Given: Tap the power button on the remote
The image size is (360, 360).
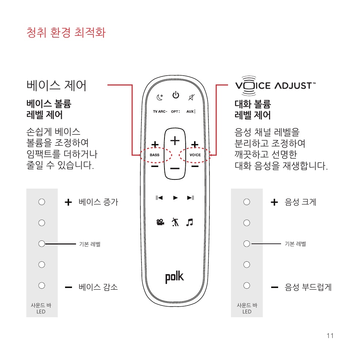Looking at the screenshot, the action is pos(176,95).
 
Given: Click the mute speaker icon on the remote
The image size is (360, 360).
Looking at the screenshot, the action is pos(192,97).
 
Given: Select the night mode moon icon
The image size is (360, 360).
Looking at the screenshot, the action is pos(160,97).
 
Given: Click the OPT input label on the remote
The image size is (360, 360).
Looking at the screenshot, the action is pos(175,111).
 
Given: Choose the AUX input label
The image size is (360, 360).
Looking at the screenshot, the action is pos(191,111).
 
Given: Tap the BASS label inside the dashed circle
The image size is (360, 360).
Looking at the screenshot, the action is pos(155,155).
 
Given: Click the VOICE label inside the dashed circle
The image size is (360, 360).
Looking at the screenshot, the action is pos(195,155).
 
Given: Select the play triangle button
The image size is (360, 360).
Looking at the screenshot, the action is pos(175,198).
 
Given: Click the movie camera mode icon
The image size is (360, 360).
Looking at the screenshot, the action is pos(160,222).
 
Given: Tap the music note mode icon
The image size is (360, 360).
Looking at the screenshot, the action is pos(190,222).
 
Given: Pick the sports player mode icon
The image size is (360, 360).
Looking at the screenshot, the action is pos(175,222).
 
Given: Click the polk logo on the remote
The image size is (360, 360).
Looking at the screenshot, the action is pos(174,277).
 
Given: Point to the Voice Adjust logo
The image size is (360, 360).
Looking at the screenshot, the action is pos(276,86).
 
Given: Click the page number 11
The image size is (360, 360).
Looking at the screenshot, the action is pos(330,336).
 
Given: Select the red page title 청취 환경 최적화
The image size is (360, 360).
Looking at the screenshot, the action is pos(66,33).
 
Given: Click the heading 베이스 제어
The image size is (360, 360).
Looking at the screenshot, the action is pos(57,86).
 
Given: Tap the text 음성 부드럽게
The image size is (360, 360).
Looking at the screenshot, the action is pos(308,287).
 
